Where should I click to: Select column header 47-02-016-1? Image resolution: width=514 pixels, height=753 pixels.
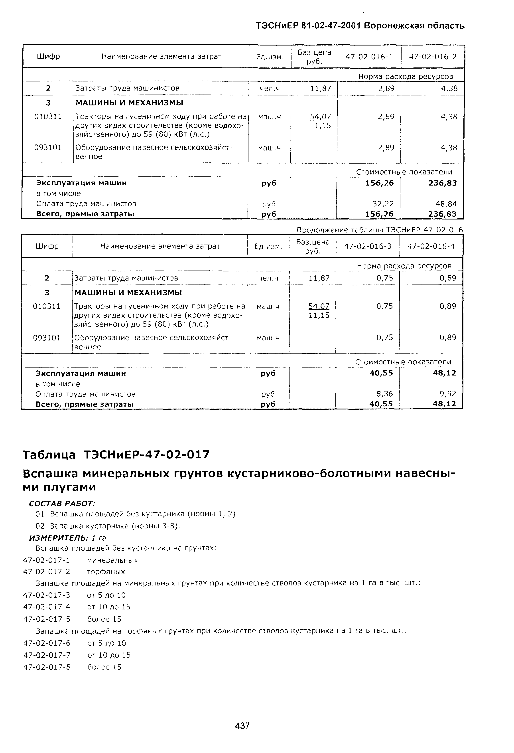tap(369, 57)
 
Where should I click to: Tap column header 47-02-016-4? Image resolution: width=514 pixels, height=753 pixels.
tap(431, 246)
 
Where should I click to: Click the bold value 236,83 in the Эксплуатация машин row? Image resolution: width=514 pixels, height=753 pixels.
tap(442, 183)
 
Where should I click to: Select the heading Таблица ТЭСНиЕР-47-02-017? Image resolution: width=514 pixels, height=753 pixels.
tap(116, 454)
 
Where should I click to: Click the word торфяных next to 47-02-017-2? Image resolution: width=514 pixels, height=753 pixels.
tap(106, 571)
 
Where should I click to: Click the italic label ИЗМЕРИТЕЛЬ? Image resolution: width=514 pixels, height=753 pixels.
tap(59, 538)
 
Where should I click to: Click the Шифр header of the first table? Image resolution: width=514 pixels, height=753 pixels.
tap(48, 57)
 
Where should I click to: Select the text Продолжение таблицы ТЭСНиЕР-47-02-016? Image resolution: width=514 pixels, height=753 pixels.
tap(380, 230)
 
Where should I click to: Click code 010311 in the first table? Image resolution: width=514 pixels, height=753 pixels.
tap(48, 116)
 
